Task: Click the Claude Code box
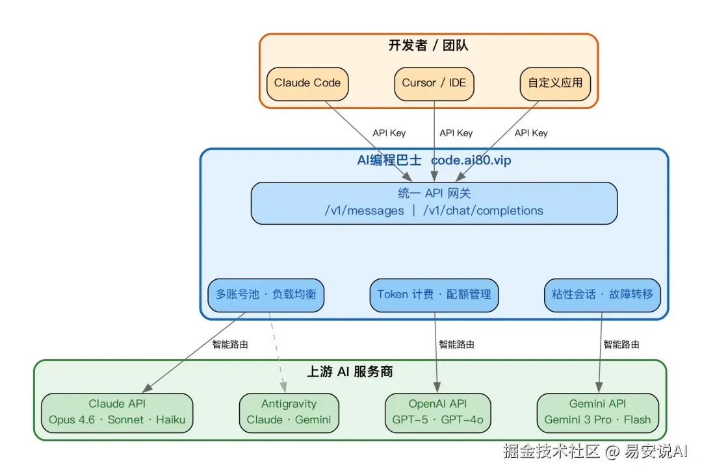coord(307,84)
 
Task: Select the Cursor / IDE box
coord(434,84)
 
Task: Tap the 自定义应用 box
coord(555,84)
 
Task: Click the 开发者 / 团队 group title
coord(428,45)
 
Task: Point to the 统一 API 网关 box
coord(434,203)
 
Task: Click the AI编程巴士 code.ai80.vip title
coord(434,160)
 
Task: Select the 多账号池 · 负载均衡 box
coord(266,295)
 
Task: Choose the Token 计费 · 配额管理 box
coord(434,295)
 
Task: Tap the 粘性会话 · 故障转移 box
coord(602,295)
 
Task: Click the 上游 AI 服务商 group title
coord(350,372)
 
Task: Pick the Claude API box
coord(117,412)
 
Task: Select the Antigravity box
coord(289,412)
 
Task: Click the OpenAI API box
coord(437,412)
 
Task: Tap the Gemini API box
coord(597,412)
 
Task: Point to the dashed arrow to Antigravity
coord(278,351)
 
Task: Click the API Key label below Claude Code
coord(389,133)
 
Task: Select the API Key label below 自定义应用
coord(531,133)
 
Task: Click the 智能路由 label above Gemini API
coord(621,345)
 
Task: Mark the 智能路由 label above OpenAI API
coord(456,345)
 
